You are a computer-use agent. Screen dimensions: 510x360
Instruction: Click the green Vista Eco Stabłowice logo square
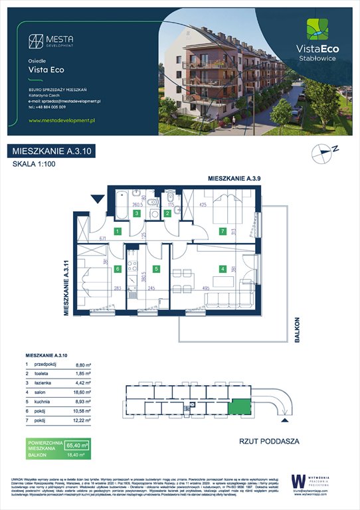point(316,30)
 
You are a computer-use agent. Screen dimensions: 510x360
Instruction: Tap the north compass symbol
point(322,153)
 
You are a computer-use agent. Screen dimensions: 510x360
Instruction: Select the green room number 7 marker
point(223,232)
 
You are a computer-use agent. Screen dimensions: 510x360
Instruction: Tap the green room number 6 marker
point(117,269)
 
